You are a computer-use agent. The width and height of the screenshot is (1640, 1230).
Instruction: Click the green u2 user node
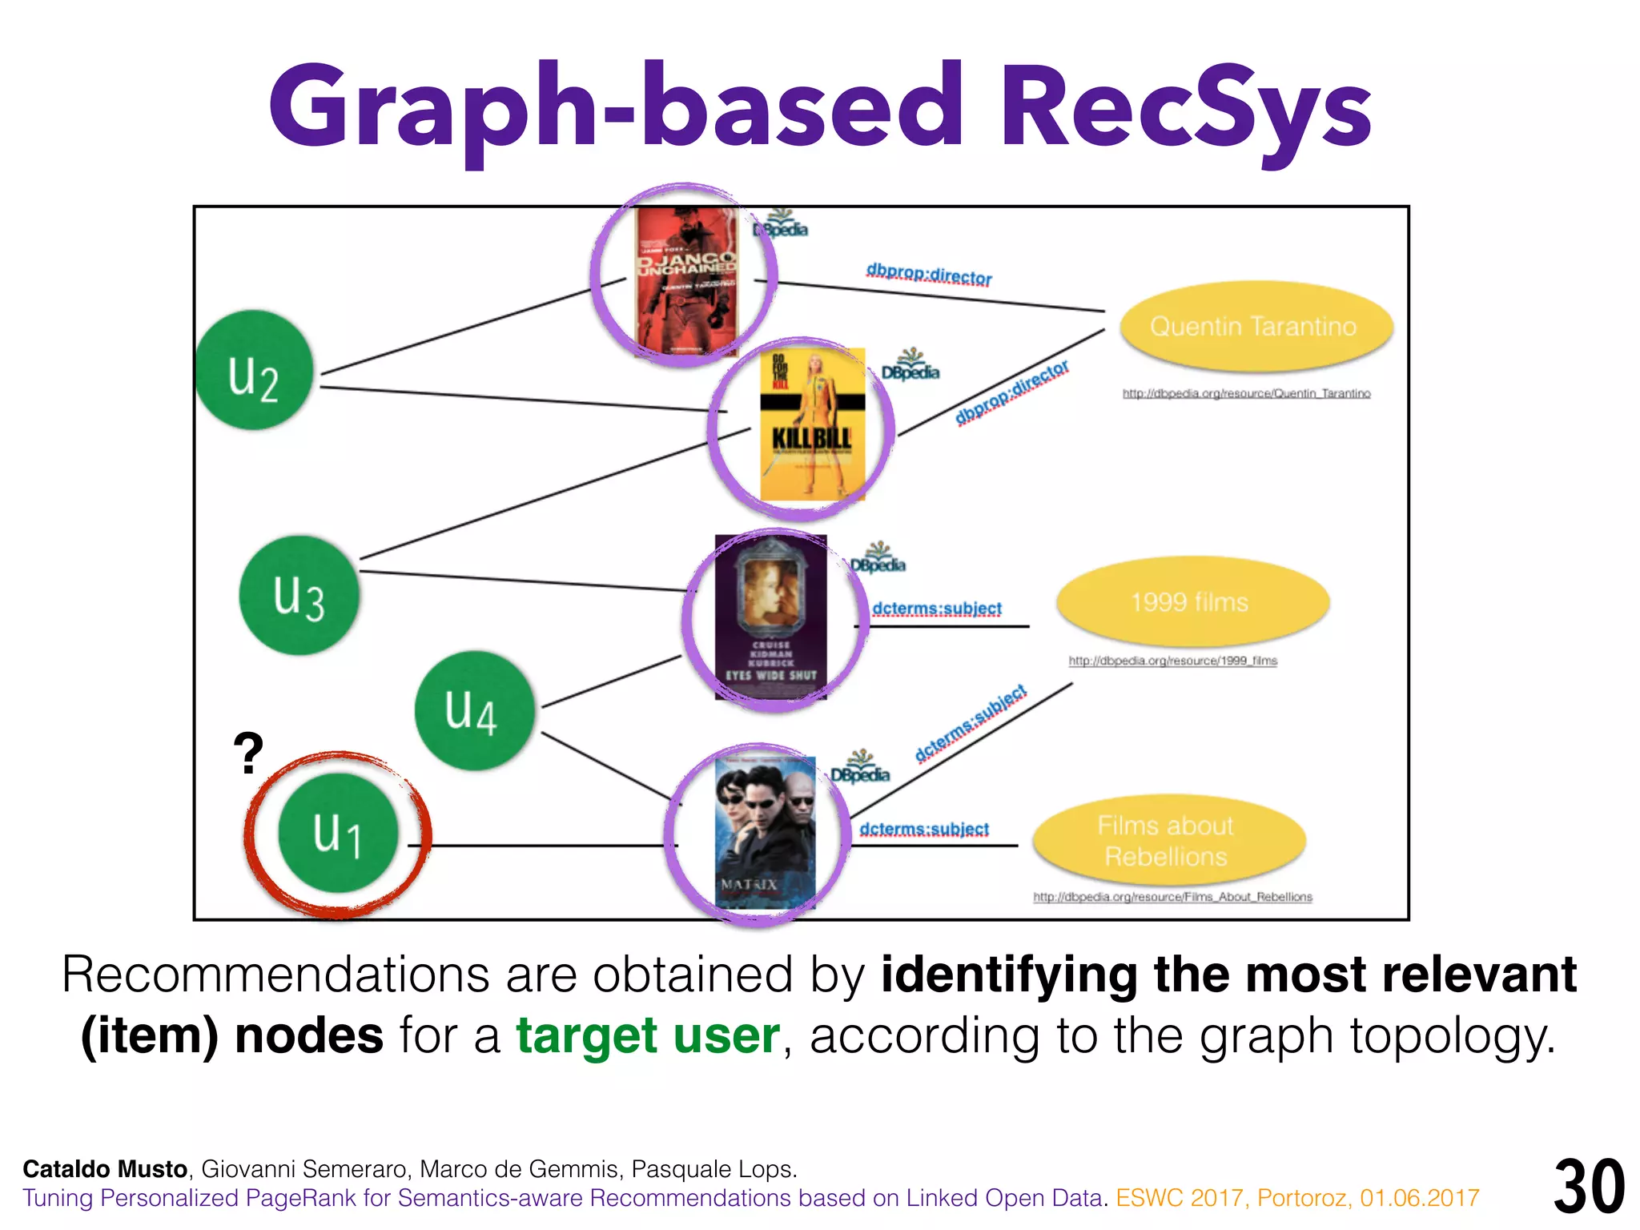click(255, 370)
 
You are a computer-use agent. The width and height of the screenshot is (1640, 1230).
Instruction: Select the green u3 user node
click(299, 595)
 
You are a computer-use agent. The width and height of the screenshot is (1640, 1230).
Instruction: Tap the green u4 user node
click(474, 710)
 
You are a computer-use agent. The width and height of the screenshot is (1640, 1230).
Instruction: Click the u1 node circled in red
click(338, 833)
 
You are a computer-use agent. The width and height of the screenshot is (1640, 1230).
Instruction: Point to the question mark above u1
click(248, 754)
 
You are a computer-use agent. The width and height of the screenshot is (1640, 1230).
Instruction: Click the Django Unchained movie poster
click(685, 281)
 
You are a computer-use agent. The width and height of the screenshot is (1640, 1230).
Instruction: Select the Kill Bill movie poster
click(812, 425)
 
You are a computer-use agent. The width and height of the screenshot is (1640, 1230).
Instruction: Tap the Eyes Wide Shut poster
click(770, 617)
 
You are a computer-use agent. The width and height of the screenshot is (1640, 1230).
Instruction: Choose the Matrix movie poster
click(764, 833)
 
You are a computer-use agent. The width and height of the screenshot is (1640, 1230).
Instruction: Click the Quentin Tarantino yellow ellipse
click(1255, 326)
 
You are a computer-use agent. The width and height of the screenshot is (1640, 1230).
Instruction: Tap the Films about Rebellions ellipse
click(1168, 840)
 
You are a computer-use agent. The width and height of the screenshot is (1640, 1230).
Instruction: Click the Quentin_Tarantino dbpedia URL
click(1246, 393)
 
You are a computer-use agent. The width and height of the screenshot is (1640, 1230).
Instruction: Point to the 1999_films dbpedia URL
click(1172, 661)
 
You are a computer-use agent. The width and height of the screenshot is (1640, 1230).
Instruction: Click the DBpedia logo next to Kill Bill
click(910, 367)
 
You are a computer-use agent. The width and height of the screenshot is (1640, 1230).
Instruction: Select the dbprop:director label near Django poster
click(929, 275)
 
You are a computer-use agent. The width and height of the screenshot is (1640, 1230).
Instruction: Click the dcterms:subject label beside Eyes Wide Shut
click(937, 609)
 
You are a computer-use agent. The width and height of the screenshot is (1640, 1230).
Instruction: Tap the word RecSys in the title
click(1185, 108)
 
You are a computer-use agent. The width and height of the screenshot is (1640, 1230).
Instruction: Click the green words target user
click(647, 1035)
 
